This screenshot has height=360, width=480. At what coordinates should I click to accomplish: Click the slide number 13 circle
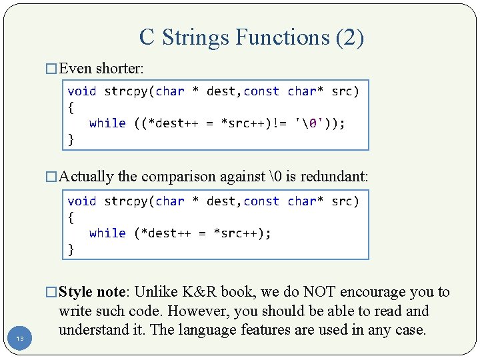point(20,339)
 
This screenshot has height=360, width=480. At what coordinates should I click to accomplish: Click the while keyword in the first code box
point(107,123)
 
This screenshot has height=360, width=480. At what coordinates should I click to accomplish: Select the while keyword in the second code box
point(107,233)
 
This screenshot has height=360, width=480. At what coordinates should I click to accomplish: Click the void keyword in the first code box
point(82,91)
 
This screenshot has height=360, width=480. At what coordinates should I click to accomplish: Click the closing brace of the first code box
point(71,139)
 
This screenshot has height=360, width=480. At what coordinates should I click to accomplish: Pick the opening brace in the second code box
point(71,217)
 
